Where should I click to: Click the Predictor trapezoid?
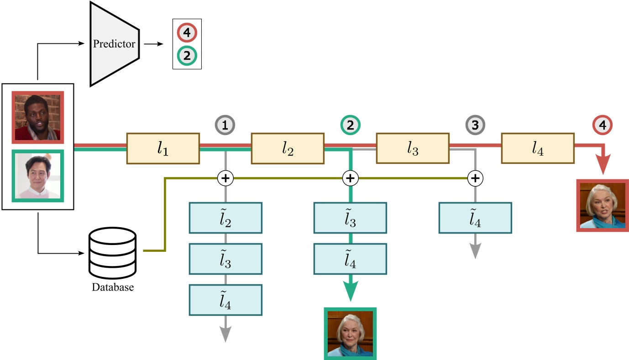pos(114,44)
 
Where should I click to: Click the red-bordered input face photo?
pos(38,118)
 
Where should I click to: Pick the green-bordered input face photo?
pos(38,175)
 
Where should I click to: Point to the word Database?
pos(113,288)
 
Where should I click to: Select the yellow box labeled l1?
pos(163,148)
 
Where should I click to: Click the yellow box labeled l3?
pos(413,148)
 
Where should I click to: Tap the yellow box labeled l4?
pos(538,148)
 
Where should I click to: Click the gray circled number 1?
pos(225,124)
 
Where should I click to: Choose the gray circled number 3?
pos(476,124)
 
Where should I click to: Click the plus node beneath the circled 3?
pos(476,178)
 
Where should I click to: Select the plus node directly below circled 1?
pos(225,178)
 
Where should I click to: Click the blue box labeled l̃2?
pos(225,218)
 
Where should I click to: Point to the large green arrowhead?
pos(350,291)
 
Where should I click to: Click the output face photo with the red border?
pos(602,205)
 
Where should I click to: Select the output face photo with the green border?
pos(350,334)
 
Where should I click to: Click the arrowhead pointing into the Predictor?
pos(83,44)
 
